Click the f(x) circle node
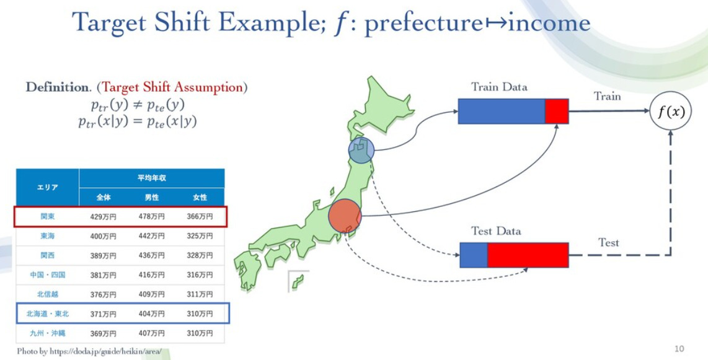[670, 112]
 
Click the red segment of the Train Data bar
[556, 111]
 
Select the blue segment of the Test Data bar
[474, 255]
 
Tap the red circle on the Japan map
[345, 216]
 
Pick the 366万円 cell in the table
[200, 216]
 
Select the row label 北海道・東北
[48, 314]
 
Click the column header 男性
[151, 197]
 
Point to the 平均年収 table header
[151, 178]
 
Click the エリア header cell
[48, 187]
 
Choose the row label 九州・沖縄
[48, 333]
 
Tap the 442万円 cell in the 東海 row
[151, 236]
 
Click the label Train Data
[499, 87]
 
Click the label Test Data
[496, 231]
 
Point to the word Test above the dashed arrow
[608, 242]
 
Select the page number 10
[679, 349]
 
